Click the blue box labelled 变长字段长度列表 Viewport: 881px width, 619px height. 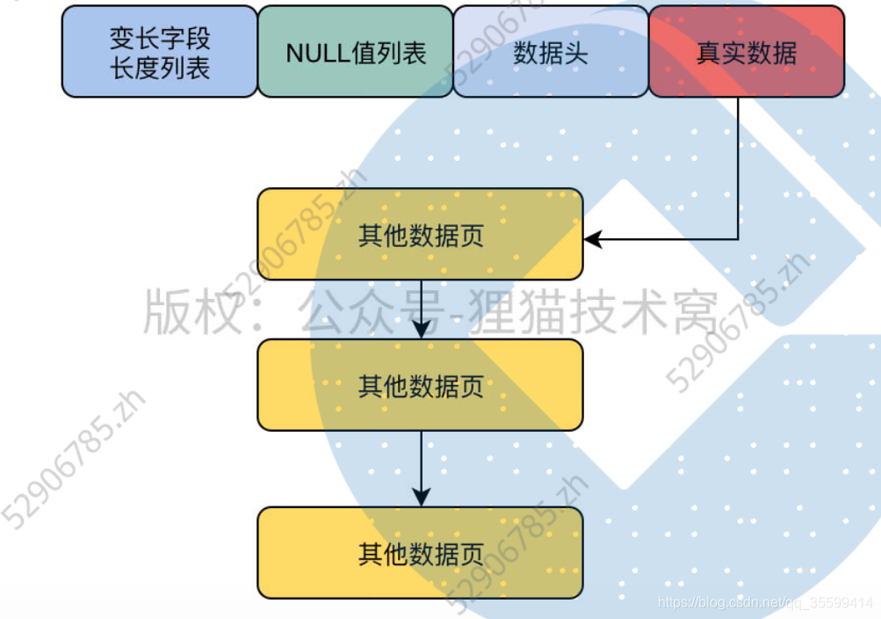(x=159, y=51)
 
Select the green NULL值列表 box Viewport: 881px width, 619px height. (x=355, y=51)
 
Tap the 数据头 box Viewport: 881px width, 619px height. (x=551, y=51)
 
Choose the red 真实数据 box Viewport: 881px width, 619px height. (x=746, y=51)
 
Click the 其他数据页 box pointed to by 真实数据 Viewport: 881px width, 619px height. (x=420, y=234)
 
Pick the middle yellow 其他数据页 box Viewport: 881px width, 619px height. (x=420, y=385)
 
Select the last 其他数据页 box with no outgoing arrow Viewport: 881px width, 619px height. (x=420, y=552)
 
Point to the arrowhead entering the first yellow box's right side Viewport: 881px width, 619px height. (x=594, y=238)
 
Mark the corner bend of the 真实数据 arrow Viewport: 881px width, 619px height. (x=738, y=238)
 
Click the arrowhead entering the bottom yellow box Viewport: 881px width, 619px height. (x=422, y=498)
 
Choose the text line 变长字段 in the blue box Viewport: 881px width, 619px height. (x=160, y=38)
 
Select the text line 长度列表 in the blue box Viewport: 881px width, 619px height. (x=160, y=67)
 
